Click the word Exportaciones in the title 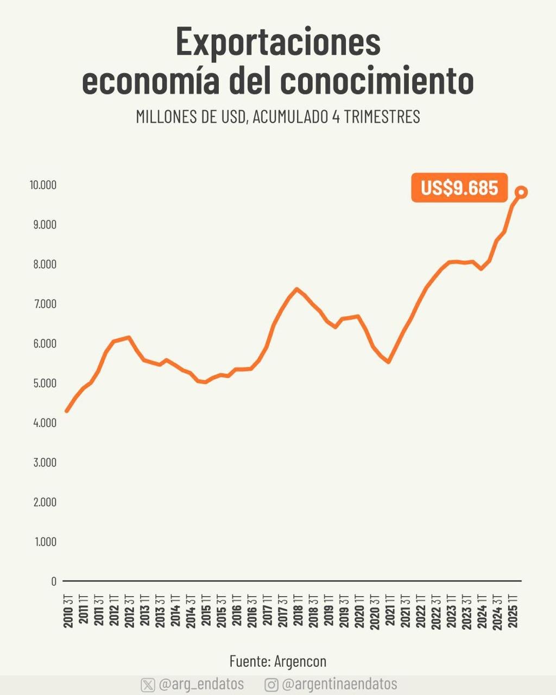(x=278, y=42)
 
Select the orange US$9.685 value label (x=459, y=188)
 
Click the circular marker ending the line (x=521, y=192)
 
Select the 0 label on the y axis (x=54, y=582)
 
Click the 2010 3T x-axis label (x=68, y=611)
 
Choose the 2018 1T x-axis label (x=298, y=611)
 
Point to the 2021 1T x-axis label (x=390, y=611)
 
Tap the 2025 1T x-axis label (x=513, y=611)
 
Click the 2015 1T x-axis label (x=206, y=611)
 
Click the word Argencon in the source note (x=300, y=661)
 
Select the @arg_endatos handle (x=201, y=684)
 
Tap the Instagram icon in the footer (x=271, y=685)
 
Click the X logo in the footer (x=148, y=685)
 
